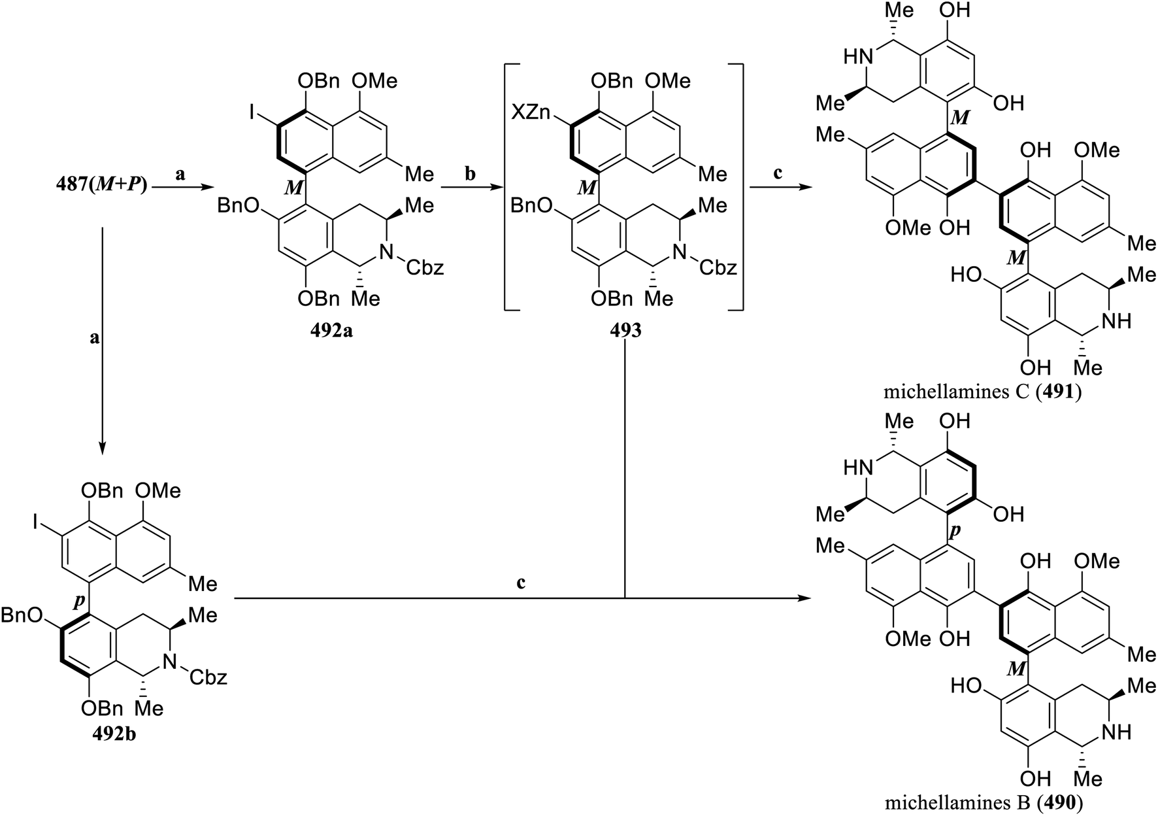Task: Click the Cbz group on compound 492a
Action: pyautogui.click(x=426, y=267)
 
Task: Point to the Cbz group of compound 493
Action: pyautogui.click(x=719, y=267)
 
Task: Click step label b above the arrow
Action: pyautogui.click(x=469, y=175)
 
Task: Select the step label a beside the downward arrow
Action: pyautogui.click(x=95, y=338)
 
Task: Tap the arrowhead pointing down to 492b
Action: pyautogui.click(x=102, y=449)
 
